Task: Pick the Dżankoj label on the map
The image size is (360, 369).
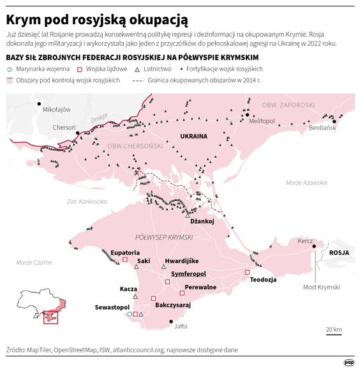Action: pyautogui.click(x=201, y=222)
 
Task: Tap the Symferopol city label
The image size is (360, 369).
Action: pyautogui.click(x=189, y=273)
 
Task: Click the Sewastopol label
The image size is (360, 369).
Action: pyautogui.click(x=113, y=307)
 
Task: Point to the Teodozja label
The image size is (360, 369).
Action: pyautogui.click(x=262, y=280)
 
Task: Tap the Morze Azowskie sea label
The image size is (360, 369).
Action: pyautogui.click(x=306, y=183)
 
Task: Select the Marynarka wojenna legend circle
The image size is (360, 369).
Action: pyautogui.click(x=10, y=68)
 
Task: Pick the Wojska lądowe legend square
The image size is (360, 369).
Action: pyautogui.click(x=80, y=68)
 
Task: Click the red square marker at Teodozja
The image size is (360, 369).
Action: pyautogui.click(x=247, y=273)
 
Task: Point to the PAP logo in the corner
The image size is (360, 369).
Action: pyautogui.click(x=349, y=361)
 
